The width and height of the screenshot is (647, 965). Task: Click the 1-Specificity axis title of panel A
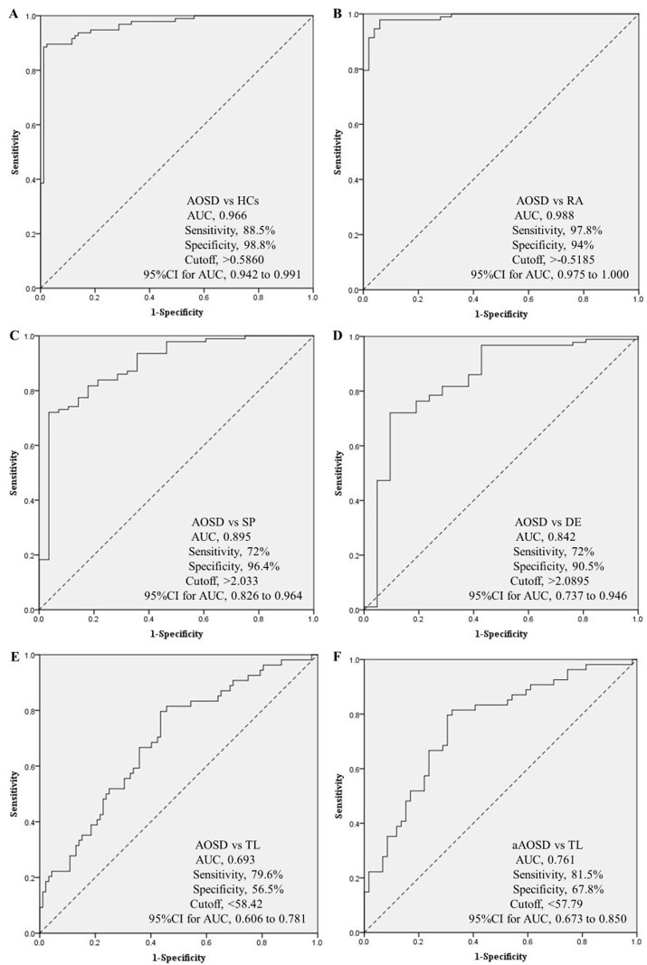click(176, 312)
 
